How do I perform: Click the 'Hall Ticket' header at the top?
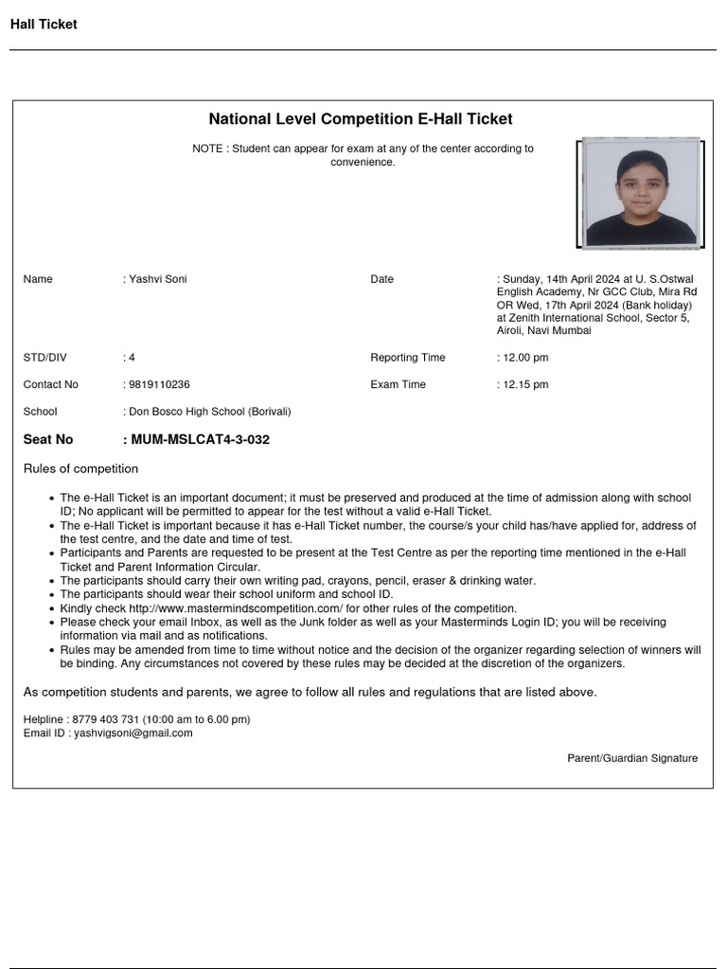point(44,25)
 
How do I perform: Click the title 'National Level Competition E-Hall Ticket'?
point(361,119)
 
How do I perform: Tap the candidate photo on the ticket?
point(640,193)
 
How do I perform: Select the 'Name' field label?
point(38,279)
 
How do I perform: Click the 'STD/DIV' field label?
point(44,358)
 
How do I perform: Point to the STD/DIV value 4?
point(132,358)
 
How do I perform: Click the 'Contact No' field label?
point(51,385)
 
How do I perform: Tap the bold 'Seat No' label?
point(48,440)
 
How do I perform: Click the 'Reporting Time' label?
point(407,358)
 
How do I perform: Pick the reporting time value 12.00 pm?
point(525,358)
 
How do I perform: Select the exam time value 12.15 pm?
point(525,385)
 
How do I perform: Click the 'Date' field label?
point(381,279)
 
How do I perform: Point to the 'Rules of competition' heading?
point(80,469)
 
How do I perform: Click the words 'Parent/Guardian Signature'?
point(632,758)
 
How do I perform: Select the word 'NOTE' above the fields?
point(207,149)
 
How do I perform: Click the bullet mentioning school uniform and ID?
point(226,594)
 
